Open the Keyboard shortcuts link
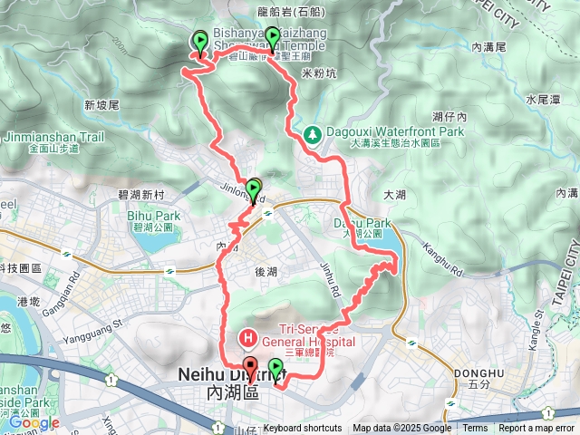pos(302,429)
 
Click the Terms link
pos(475,429)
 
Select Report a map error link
pos(536,429)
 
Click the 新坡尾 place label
pos(101,105)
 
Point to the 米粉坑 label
pos(318,72)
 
